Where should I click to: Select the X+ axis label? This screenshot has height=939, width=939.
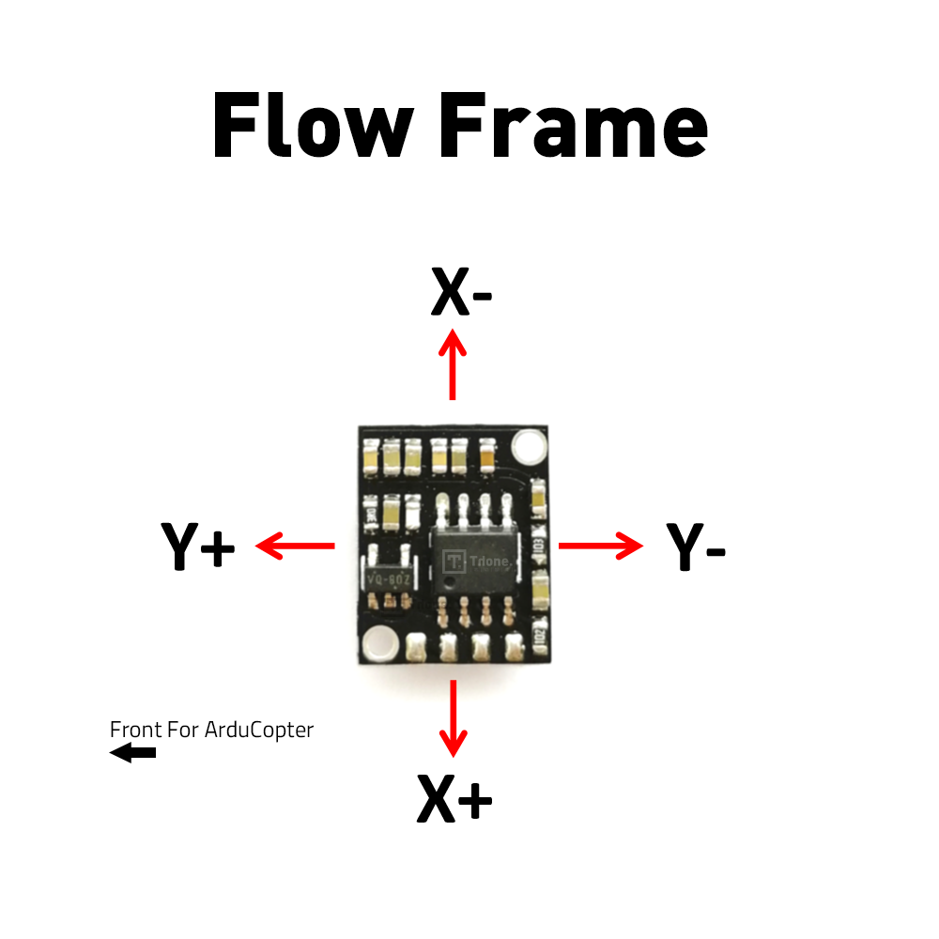454,800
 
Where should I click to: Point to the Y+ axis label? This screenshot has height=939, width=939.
197,546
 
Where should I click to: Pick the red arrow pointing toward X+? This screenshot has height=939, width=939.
454,718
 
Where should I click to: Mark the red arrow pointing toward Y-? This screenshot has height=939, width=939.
601,545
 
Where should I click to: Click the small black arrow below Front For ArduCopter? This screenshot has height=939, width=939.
132,752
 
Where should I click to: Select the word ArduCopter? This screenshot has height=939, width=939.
259,729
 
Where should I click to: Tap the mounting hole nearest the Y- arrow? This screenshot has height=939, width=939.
529,445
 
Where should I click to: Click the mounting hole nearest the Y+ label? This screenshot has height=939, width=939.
379,643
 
